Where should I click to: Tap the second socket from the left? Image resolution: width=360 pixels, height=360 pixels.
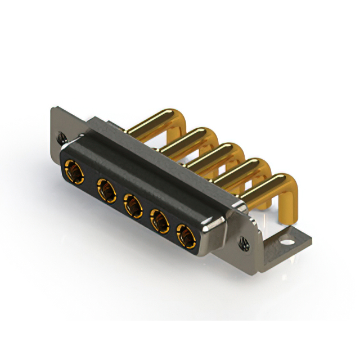tap(106, 188)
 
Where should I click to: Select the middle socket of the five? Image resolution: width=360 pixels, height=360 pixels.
tap(133, 205)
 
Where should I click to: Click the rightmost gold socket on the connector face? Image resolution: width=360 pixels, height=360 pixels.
tap(186, 237)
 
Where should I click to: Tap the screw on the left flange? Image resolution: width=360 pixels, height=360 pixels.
tap(61, 136)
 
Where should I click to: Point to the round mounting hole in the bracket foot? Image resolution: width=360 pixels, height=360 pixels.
tap(287, 244)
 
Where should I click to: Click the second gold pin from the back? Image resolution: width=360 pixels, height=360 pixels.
tap(186, 138)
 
